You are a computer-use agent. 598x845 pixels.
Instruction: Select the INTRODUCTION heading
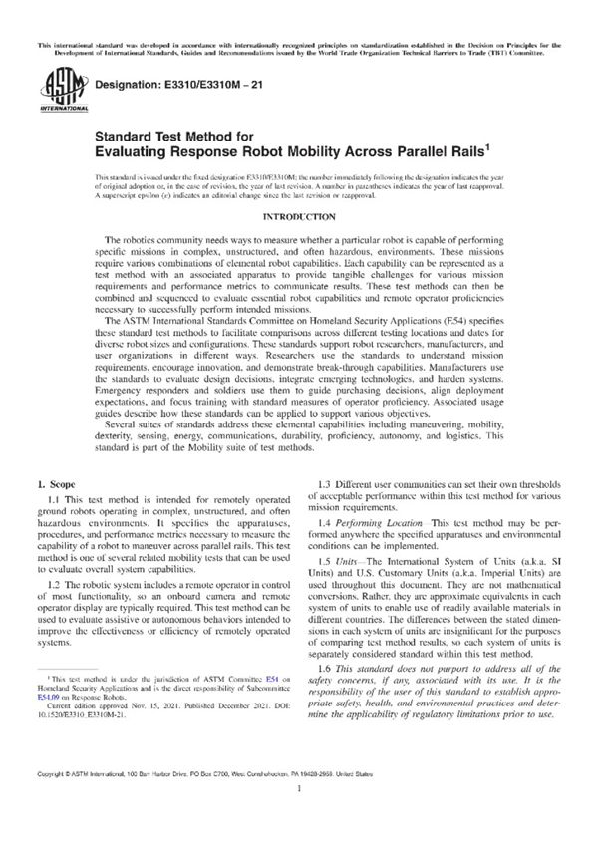(298, 217)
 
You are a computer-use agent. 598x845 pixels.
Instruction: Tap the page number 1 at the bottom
(299, 815)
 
